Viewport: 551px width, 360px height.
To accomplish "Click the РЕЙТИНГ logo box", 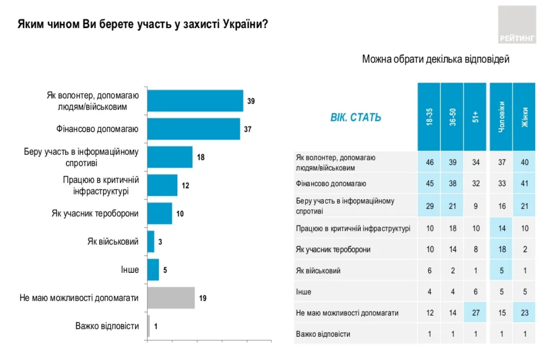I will tap(517, 25).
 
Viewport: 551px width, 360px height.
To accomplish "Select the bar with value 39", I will tap(195, 101).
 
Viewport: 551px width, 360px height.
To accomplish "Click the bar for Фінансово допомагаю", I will tap(194, 129).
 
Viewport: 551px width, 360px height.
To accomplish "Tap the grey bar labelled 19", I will tap(171, 298).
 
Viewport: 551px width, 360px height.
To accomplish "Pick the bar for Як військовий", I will tap(151, 242).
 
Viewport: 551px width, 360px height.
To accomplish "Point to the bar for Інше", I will tap(153, 270).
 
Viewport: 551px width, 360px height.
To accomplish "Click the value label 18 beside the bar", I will tap(201, 157).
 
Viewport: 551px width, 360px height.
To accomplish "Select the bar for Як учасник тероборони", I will tap(160, 213).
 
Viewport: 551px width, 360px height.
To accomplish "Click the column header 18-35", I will tap(429, 117).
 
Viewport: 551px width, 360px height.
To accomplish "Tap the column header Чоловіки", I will tap(501, 117).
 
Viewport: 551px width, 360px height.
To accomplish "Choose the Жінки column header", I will tap(524, 117).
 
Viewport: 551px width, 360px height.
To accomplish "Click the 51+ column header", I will tap(475, 117).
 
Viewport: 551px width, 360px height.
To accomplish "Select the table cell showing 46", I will tap(429, 161).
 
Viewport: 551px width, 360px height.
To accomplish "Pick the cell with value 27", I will tap(475, 313).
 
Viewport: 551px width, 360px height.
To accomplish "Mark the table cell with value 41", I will tap(524, 183).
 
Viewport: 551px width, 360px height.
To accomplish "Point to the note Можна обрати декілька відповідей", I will tap(436, 59).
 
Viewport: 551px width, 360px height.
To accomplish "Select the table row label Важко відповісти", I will tap(323, 334).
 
